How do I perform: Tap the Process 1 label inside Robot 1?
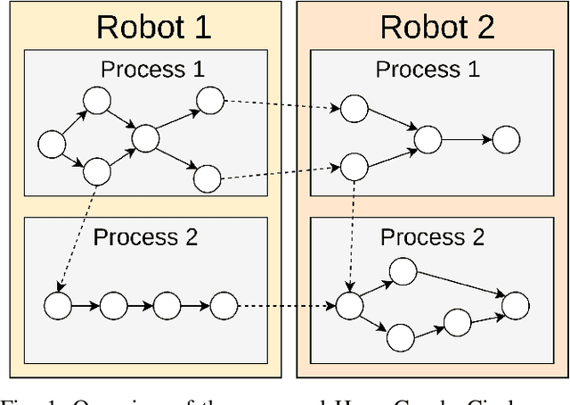pyautogui.click(x=152, y=70)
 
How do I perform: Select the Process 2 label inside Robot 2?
pyautogui.click(x=432, y=237)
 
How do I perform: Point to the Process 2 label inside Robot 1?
pyautogui.click(x=145, y=237)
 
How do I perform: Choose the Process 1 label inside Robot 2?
pyautogui.click(x=427, y=70)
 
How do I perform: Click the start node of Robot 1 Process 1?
pyautogui.click(x=52, y=142)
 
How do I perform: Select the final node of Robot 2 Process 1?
pyautogui.click(x=506, y=139)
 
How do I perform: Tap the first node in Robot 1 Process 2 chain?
pyautogui.click(x=58, y=306)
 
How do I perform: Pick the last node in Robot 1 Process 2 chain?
pyautogui.click(x=224, y=306)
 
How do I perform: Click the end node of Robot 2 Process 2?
pyautogui.click(x=515, y=305)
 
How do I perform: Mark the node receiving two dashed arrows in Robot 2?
pyautogui.click(x=349, y=305)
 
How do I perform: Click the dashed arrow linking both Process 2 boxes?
pyautogui.click(x=285, y=306)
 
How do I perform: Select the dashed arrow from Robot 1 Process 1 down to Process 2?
pyautogui.click(x=75, y=236)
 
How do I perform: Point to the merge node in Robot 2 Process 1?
pyautogui.click(x=427, y=139)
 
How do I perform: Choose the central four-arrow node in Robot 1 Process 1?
pyautogui.click(x=145, y=138)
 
